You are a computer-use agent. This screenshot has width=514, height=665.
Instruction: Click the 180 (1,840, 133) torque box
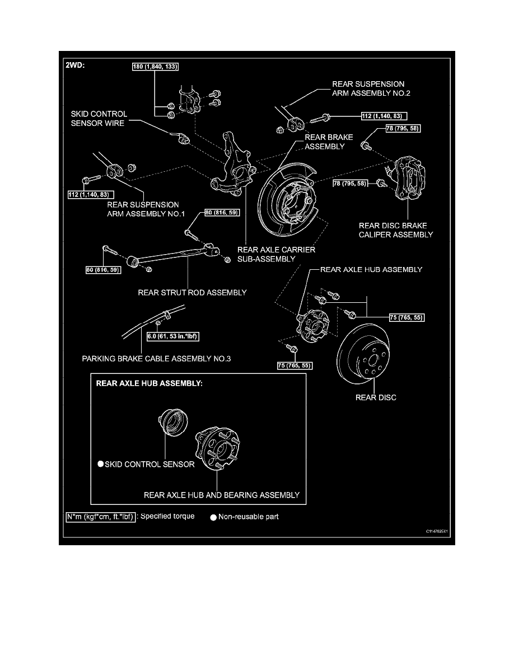coord(154,67)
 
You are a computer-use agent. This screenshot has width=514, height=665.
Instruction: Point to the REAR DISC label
coord(376,398)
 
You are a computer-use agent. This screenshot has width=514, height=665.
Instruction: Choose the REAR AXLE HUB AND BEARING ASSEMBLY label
coord(221,495)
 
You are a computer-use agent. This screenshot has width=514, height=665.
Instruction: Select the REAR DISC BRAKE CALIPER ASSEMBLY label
coord(396,230)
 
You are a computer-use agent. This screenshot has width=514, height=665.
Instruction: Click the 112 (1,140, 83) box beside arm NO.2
coord(383,116)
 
